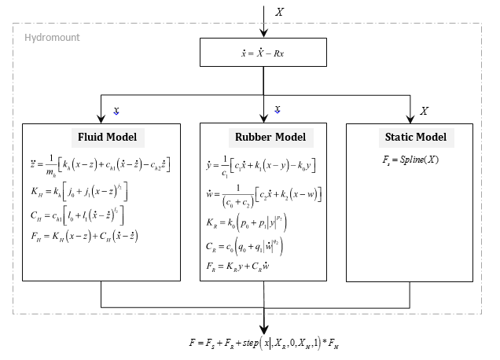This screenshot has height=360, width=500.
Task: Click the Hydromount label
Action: (x=52, y=37)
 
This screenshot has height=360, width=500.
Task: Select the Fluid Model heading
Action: (x=107, y=138)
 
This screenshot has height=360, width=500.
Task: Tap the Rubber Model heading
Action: (x=264, y=138)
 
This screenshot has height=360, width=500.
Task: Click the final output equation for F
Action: (x=263, y=343)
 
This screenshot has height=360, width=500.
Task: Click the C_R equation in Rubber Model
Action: (x=252, y=245)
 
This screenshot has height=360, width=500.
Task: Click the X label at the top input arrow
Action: (x=279, y=13)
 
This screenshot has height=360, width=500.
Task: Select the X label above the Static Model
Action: (x=425, y=110)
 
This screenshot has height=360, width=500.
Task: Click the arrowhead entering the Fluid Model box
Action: (x=101, y=119)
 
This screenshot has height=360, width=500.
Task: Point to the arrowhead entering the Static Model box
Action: (x=410, y=119)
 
